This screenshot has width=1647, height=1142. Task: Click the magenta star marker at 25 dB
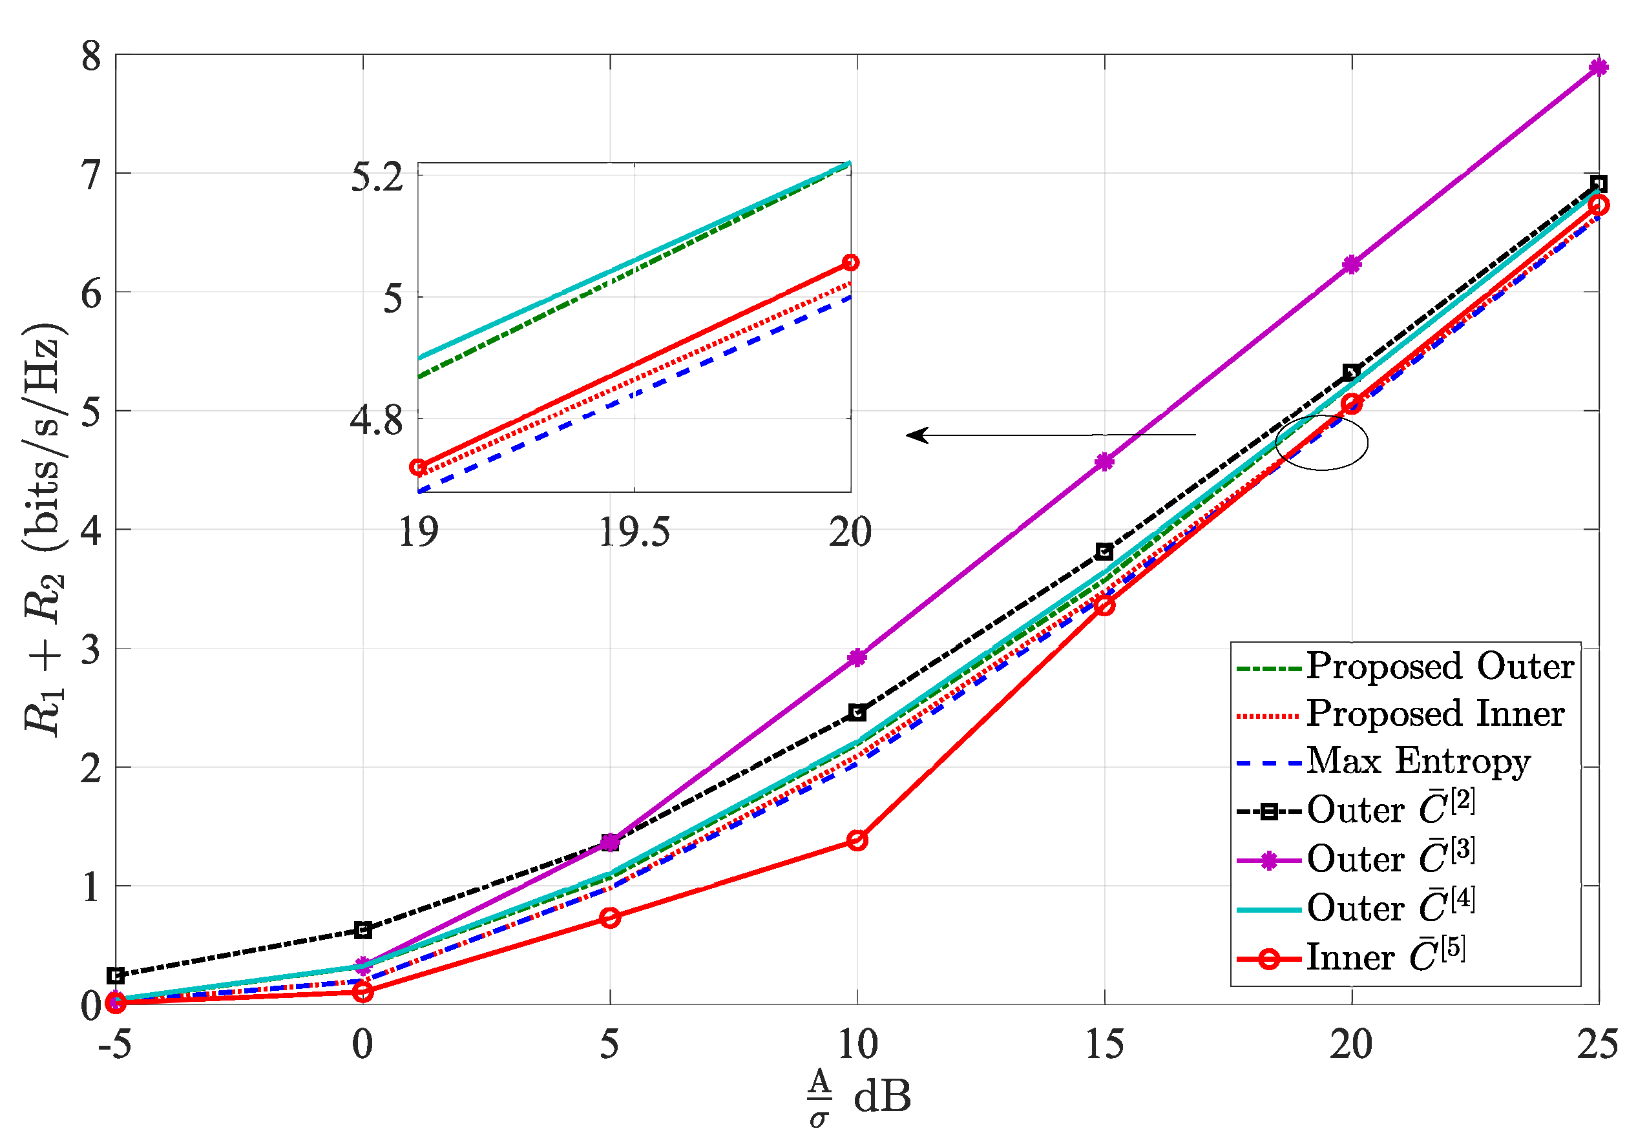pyautogui.click(x=1599, y=67)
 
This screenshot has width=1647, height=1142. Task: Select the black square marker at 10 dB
pyautogui.click(x=857, y=712)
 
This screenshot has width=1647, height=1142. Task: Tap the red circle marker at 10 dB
pyautogui.click(x=857, y=840)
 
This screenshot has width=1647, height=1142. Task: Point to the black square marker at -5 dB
pyautogui.click(x=116, y=975)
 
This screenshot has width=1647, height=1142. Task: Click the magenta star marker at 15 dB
pyautogui.click(x=1104, y=462)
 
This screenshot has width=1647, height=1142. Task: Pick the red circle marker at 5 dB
pyautogui.click(x=610, y=918)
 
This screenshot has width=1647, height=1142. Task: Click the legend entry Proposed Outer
pyautogui.click(x=1439, y=667)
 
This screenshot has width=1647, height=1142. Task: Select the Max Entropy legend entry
pyautogui.click(x=1417, y=761)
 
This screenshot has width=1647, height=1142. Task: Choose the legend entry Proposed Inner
pyautogui.click(x=1434, y=714)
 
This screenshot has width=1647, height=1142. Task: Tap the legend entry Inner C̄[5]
pyautogui.click(x=1385, y=957)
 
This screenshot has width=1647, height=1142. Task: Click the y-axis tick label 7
pyautogui.click(x=91, y=174)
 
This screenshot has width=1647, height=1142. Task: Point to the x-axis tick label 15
pyautogui.click(x=1104, y=1044)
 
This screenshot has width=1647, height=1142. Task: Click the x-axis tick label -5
pyautogui.click(x=114, y=1044)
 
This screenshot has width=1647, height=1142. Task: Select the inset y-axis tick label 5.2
pyautogui.click(x=377, y=178)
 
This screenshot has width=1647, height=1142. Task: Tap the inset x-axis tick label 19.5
pyautogui.click(x=634, y=532)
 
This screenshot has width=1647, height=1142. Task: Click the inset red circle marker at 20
pyautogui.click(x=850, y=263)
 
